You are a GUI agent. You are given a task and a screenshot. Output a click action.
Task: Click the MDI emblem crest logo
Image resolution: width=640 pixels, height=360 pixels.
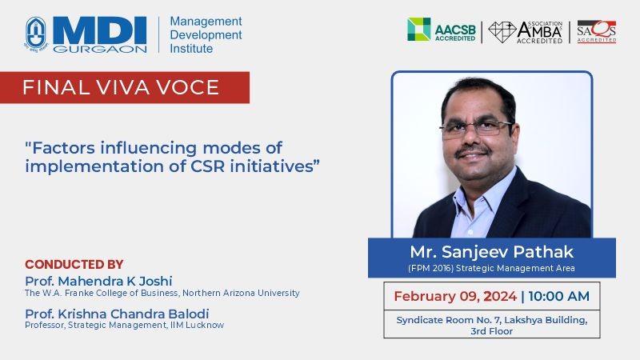36,34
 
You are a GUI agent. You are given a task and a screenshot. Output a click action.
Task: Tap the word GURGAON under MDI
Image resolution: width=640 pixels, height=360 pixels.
100,49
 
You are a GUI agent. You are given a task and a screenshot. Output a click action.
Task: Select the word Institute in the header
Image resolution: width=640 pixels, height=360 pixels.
191,49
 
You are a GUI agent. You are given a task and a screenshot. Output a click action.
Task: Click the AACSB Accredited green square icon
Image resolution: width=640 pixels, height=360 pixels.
418,29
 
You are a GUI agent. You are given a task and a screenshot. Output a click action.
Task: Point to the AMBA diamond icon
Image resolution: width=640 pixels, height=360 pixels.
502,32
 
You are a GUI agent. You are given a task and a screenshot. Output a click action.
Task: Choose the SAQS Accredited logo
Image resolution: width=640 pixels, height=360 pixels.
596,31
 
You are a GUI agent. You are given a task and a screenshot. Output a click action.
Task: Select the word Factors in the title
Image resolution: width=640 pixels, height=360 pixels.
63,148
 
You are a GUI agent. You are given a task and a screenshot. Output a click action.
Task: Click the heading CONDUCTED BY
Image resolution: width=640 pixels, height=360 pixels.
74,265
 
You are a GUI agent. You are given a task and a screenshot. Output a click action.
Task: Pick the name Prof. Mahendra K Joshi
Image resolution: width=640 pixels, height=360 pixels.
98,281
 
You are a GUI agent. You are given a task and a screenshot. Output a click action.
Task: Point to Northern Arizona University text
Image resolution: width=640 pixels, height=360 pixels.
241,293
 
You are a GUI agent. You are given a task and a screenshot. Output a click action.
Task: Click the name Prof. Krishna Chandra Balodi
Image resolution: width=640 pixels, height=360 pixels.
117,314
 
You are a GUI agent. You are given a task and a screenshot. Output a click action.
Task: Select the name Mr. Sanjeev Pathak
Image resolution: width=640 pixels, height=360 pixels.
491,252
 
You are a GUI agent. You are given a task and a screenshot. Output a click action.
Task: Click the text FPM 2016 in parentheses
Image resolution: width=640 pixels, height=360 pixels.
430,268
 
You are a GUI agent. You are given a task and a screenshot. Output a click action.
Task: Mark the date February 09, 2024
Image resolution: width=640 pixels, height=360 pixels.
455,296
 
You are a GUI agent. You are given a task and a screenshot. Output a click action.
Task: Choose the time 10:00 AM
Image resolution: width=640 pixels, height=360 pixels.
558,296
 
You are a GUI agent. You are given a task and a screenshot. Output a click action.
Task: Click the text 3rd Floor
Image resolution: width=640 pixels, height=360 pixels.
491,331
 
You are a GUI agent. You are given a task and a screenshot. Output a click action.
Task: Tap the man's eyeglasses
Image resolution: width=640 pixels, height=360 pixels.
476,129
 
